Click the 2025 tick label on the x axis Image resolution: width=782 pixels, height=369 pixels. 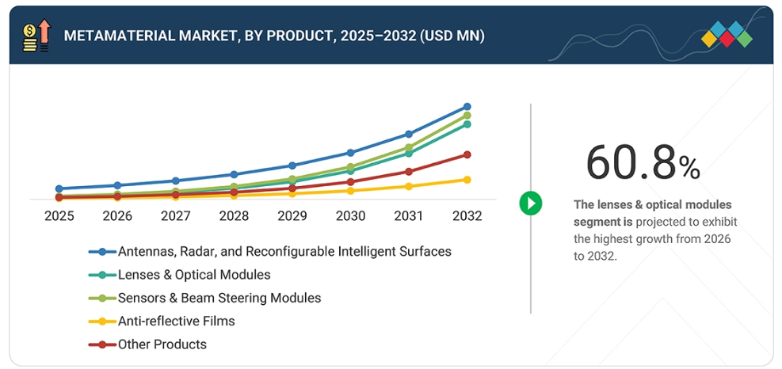[x=59, y=216]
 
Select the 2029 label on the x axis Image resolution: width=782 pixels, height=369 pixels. [x=292, y=216]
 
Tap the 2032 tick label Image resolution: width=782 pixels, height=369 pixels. [x=467, y=216]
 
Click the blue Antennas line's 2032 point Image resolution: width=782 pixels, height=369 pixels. [x=467, y=106]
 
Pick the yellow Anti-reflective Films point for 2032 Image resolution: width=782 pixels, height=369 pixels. [x=467, y=180]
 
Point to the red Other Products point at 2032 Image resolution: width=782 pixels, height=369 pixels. [x=467, y=154]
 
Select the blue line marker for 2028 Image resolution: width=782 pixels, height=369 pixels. [x=234, y=174]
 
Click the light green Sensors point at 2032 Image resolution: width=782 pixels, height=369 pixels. [x=467, y=116]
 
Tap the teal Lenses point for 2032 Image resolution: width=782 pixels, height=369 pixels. [x=467, y=124]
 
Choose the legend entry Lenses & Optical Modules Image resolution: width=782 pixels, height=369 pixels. [x=194, y=275]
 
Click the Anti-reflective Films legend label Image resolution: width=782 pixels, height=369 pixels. [x=176, y=321]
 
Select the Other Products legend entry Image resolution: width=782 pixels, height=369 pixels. [x=162, y=344]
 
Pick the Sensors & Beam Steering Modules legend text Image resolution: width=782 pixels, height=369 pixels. [x=219, y=299]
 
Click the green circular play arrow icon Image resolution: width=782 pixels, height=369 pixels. [x=530, y=203]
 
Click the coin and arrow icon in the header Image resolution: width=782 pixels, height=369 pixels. [x=36, y=36]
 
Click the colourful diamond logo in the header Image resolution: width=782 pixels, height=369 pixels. [x=727, y=35]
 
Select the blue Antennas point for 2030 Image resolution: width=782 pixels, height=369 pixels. [x=351, y=153]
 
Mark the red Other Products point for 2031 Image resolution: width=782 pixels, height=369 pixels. [x=409, y=171]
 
